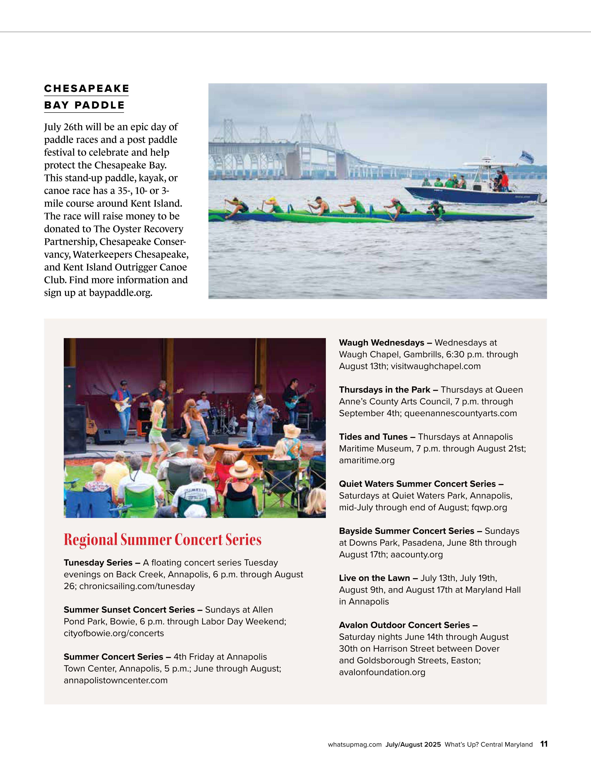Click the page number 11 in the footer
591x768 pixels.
(543, 744)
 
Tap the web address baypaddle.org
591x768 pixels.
(120, 293)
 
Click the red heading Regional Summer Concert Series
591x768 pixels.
(162, 540)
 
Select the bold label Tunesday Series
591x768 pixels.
(98, 563)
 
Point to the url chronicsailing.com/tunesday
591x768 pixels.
(137, 586)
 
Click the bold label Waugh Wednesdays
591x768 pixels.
(382, 343)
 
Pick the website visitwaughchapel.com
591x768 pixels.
(436, 366)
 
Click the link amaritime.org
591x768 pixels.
(367, 460)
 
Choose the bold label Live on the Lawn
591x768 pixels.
(375, 578)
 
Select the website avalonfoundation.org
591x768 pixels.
(382, 672)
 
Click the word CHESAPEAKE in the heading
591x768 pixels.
(86, 89)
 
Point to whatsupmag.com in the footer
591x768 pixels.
(355, 744)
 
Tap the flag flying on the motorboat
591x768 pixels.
(527, 157)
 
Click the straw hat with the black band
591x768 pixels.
(241, 468)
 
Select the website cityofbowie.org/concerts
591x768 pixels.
(114, 633)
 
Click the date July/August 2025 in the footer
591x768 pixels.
(413, 744)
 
